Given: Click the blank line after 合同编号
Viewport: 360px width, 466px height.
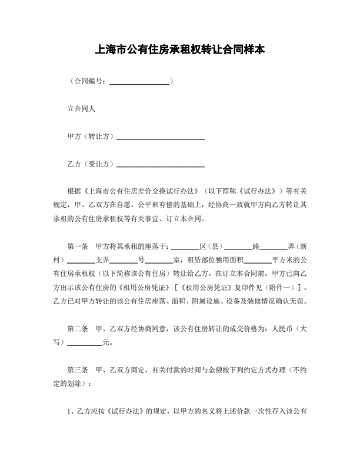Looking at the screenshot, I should (x=139, y=82).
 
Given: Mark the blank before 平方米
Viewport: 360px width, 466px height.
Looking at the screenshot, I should (x=257, y=261).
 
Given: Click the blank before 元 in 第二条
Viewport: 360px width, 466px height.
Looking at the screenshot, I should (x=87, y=343).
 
